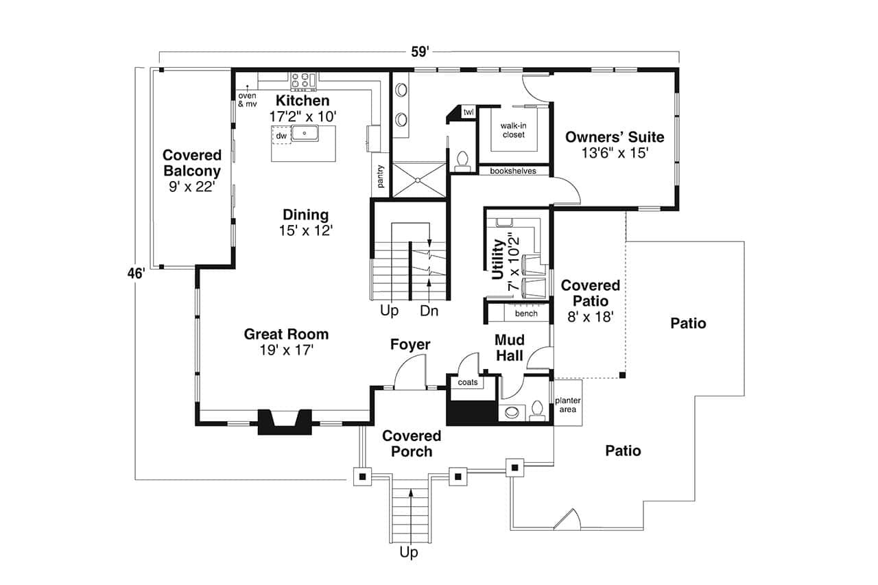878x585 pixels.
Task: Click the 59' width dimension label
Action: pyautogui.click(x=419, y=51)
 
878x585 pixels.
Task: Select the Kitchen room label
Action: pyautogui.click(x=302, y=101)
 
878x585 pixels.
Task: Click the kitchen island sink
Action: pyautogui.click(x=304, y=133)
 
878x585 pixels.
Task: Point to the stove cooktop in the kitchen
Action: pyautogui.click(x=302, y=80)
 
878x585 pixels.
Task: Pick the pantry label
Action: pyautogui.click(x=381, y=177)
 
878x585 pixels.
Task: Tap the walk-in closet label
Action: pyautogui.click(x=513, y=130)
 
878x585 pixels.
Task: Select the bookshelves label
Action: pyautogui.click(x=513, y=171)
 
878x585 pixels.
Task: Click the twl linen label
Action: pyautogui.click(x=468, y=112)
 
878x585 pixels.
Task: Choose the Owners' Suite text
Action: pyautogui.click(x=615, y=137)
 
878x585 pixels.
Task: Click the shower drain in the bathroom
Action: pyautogui.click(x=416, y=180)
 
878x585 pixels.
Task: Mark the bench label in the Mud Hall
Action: pyautogui.click(x=526, y=313)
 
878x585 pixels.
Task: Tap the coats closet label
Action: pyautogui.click(x=468, y=382)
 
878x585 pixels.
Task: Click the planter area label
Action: pyautogui.click(x=567, y=405)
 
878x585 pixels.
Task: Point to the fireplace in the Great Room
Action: pyautogui.click(x=285, y=421)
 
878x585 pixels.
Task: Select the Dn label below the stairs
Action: pyautogui.click(x=429, y=311)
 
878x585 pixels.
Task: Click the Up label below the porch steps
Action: pyautogui.click(x=410, y=551)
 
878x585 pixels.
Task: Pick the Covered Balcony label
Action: pyautogui.click(x=192, y=164)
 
